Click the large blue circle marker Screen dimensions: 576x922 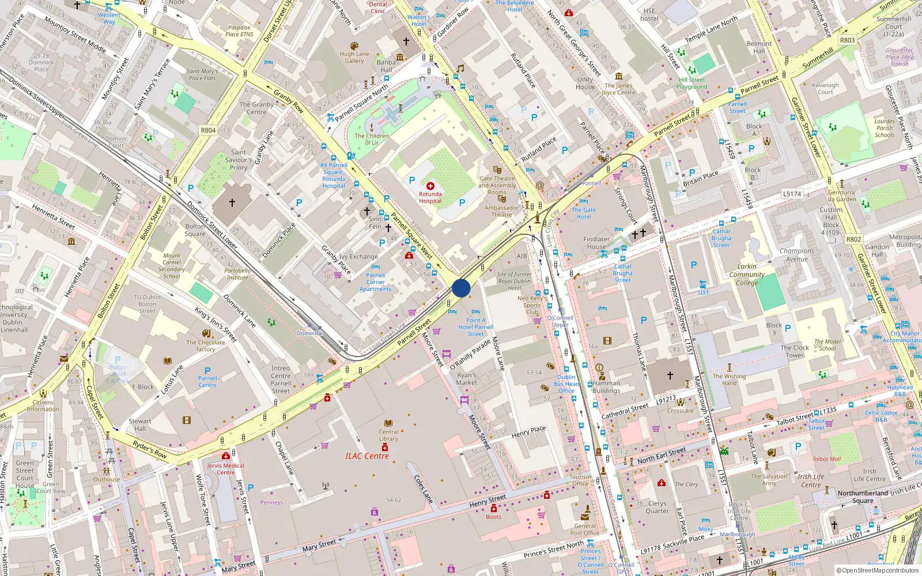click(x=461, y=288)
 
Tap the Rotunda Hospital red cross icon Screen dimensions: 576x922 click(x=430, y=186)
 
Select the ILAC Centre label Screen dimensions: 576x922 click(x=367, y=456)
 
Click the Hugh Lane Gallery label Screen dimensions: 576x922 click(x=354, y=58)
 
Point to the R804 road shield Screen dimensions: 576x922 click(x=208, y=131)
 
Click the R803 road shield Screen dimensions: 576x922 click(x=847, y=40)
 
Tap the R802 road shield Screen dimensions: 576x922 click(x=853, y=240)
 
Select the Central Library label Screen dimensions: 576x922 click(x=388, y=435)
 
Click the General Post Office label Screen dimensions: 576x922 click(x=585, y=529)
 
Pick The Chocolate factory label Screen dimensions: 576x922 click(x=206, y=346)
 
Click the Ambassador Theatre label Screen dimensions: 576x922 click(x=501, y=211)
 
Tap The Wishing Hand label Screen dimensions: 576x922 click(x=729, y=380)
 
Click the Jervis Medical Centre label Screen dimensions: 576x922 click(x=226, y=469)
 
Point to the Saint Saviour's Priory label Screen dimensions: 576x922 click(x=239, y=160)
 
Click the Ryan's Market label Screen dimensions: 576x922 click(x=467, y=378)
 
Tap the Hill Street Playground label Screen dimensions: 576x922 click(x=691, y=84)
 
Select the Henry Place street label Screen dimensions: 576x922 click(x=528, y=432)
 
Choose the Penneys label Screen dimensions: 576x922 click(x=271, y=502)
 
